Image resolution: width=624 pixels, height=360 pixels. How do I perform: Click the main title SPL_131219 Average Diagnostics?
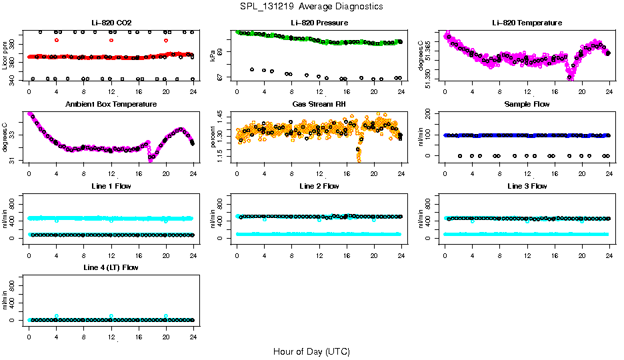click(x=311, y=6)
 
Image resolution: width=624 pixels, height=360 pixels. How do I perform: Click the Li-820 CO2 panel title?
click(x=111, y=23)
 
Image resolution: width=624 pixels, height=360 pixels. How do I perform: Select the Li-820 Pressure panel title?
click(x=319, y=23)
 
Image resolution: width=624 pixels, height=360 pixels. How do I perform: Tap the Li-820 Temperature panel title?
click(x=527, y=23)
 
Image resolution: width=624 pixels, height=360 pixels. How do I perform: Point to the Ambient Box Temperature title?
click(x=111, y=104)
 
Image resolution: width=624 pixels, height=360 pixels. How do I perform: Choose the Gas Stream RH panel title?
click(x=319, y=104)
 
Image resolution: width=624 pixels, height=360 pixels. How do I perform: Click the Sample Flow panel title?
click(x=527, y=104)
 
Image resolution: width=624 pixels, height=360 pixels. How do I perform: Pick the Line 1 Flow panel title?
click(x=111, y=186)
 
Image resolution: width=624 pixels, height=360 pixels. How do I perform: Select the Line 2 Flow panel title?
click(x=319, y=186)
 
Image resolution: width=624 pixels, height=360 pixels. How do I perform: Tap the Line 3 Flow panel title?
click(x=527, y=186)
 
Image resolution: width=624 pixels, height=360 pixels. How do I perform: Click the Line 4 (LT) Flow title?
click(x=111, y=267)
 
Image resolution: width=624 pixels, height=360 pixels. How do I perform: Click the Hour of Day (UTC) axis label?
click(x=311, y=351)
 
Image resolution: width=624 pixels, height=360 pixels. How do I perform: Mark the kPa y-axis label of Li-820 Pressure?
click(x=213, y=56)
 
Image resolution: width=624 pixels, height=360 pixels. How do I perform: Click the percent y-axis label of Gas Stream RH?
click(x=213, y=137)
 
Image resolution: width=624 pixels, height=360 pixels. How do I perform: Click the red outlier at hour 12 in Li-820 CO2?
click(x=111, y=40)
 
